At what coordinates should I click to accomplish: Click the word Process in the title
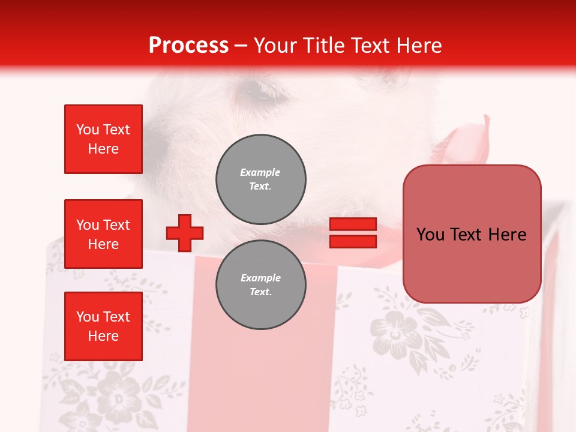click(x=188, y=45)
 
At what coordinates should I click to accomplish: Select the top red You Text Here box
click(x=103, y=139)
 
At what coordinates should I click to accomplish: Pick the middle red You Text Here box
click(x=103, y=234)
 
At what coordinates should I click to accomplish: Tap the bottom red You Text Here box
click(x=103, y=326)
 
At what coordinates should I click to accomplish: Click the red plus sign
click(x=185, y=233)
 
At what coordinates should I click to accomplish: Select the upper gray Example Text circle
click(x=260, y=179)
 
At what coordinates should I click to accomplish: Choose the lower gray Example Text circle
click(x=260, y=285)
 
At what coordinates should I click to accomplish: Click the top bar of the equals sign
click(x=353, y=224)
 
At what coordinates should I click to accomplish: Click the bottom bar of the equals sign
click(x=353, y=241)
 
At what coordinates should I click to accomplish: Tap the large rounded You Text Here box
click(x=472, y=234)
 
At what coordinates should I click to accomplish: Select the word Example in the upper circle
click(x=260, y=172)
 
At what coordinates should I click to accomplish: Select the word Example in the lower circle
click(x=260, y=278)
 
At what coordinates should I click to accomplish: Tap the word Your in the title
click(x=275, y=45)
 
